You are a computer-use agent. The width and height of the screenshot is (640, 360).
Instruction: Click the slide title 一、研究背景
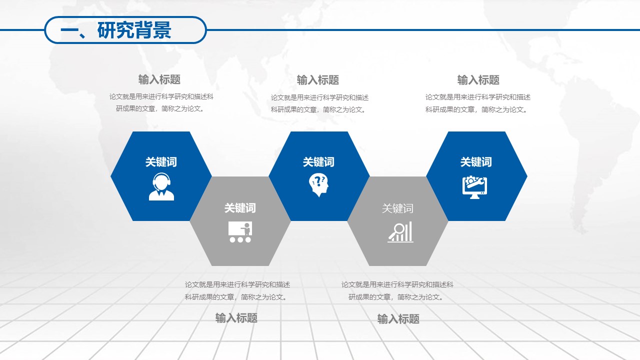point(116,30)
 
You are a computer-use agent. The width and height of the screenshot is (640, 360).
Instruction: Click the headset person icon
point(161,187)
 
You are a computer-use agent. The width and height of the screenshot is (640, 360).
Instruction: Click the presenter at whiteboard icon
point(240,232)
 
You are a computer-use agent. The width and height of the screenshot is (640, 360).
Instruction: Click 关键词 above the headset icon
point(161,162)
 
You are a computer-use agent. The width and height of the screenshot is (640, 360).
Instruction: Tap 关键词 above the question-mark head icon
point(318,162)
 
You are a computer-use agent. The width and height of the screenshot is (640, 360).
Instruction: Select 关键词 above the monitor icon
point(476,162)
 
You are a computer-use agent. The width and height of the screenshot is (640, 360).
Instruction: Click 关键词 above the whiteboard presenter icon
point(240,208)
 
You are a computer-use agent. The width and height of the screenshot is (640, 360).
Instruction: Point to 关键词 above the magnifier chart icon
point(397,208)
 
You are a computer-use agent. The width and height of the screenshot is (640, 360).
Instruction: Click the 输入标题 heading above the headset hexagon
point(159,79)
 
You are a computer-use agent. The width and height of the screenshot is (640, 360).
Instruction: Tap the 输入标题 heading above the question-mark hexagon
point(318,80)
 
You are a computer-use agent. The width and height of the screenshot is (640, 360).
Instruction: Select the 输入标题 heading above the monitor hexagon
point(478,80)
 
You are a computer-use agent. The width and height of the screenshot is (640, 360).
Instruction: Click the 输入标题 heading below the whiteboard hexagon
point(236,318)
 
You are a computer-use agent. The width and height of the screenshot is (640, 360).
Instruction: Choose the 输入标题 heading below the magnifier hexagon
point(398,319)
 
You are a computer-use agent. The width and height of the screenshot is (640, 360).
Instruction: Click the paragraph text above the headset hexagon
point(161,102)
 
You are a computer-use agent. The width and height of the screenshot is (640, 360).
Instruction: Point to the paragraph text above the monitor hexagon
point(478,103)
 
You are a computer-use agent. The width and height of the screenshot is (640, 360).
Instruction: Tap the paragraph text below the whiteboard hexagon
point(237,290)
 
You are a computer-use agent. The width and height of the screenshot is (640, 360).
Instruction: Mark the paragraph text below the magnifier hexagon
point(397,290)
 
